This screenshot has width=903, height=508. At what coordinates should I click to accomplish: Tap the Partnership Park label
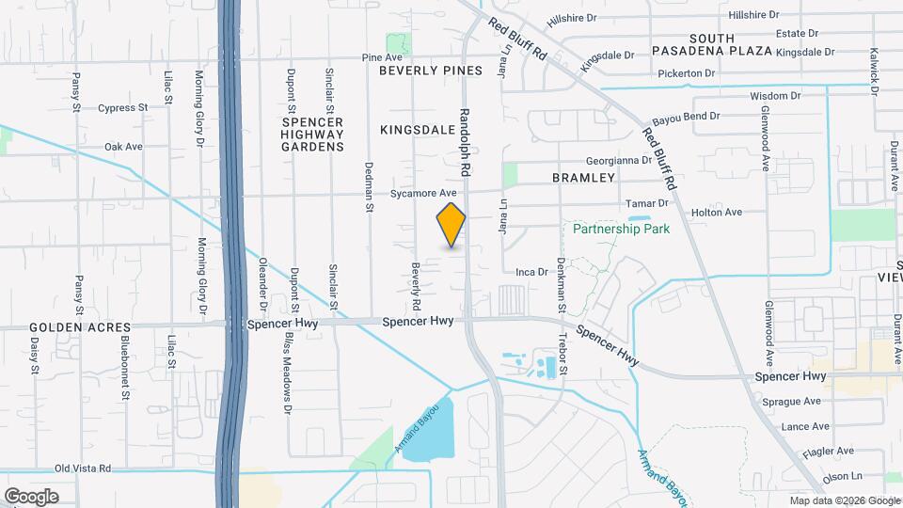(x=620, y=229)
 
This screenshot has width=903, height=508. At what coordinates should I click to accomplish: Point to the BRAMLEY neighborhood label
(x=583, y=177)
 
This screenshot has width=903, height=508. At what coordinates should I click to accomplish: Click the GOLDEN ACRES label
(x=80, y=327)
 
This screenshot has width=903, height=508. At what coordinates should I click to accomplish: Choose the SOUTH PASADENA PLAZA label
(x=711, y=42)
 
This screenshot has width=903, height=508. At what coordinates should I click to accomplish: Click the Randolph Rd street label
(x=464, y=142)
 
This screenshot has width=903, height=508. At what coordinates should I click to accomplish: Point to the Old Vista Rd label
(x=83, y=468)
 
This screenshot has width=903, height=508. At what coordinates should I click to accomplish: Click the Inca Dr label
(x=531, y=272)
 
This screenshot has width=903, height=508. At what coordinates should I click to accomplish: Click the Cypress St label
(x=123, y=108)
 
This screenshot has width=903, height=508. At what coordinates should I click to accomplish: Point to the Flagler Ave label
(x=827, y=451)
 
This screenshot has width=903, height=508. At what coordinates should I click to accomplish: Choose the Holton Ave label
(x=717, y=213)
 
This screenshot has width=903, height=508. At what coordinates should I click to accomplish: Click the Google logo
(x=31, y=496)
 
